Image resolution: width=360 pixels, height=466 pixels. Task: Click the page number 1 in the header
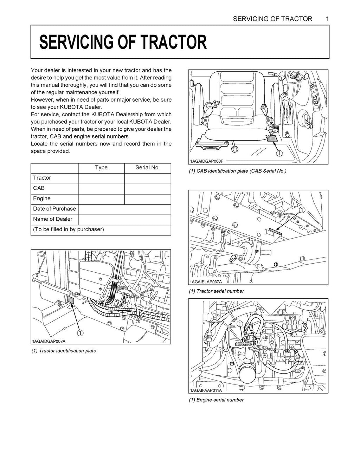[x=327, y=19]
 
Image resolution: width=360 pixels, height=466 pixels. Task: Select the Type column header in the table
[x=101, y=168]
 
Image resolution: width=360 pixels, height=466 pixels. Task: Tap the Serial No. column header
[x=147, y=168]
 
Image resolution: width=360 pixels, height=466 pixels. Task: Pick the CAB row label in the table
[x=39, y=188]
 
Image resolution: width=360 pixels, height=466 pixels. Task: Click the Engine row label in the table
[x=41, y=199]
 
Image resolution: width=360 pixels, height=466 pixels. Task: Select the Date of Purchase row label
[x=54, y=209]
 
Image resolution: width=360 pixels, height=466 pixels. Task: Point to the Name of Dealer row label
[x=52, y=219]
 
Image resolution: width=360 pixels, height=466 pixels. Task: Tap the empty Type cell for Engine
[x=101, y=199]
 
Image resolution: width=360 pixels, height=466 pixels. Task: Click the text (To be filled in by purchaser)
[x=68, y=229]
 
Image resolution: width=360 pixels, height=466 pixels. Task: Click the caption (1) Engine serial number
[x=216, y=400]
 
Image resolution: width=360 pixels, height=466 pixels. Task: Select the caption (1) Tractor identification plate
[x=64, y=351]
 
